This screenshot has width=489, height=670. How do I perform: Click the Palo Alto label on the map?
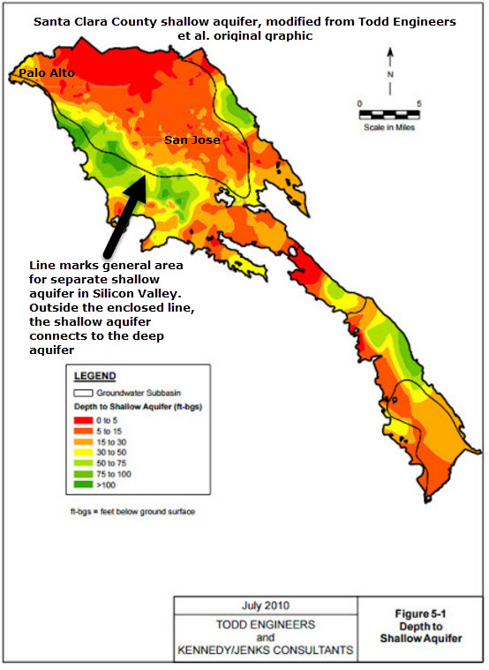[47, 72]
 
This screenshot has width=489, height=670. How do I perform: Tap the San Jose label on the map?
[192, 139]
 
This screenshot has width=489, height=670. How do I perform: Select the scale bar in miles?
[388, 114]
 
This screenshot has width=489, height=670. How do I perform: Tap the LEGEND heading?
[94, 376]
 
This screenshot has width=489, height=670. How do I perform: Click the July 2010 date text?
[265, 606]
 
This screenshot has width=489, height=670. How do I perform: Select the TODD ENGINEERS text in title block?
[265, 623]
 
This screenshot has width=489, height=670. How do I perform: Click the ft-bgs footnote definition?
[132, 511]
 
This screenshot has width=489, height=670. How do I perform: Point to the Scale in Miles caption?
[388, 126]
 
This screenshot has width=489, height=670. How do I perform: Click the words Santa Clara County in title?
[88, 21]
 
